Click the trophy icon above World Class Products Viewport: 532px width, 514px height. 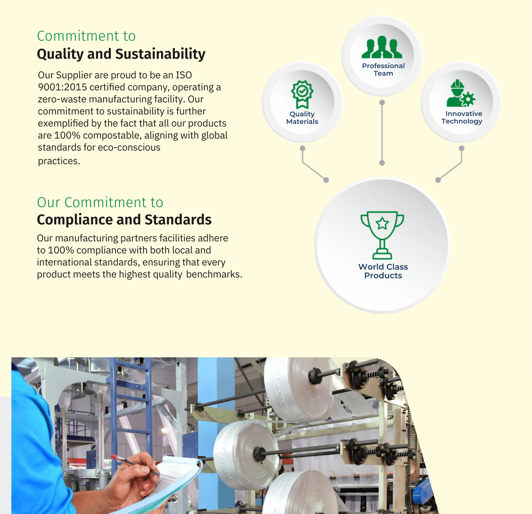(382, 235)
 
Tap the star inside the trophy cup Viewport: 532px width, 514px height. (382, 224)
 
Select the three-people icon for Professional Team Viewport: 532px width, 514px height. (382, 47)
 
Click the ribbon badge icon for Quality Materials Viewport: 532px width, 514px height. (302, 95)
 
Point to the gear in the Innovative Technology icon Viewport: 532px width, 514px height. (468, 99)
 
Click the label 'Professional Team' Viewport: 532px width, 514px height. (383, 70)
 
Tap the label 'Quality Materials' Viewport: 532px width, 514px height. (302, 117)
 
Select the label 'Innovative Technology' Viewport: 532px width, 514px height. (462, 117)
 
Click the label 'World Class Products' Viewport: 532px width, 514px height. (383, 271)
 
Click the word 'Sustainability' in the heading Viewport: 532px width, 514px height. (160, 54)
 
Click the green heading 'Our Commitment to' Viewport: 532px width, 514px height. (100, 203)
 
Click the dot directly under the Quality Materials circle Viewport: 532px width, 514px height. (302, 148)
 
